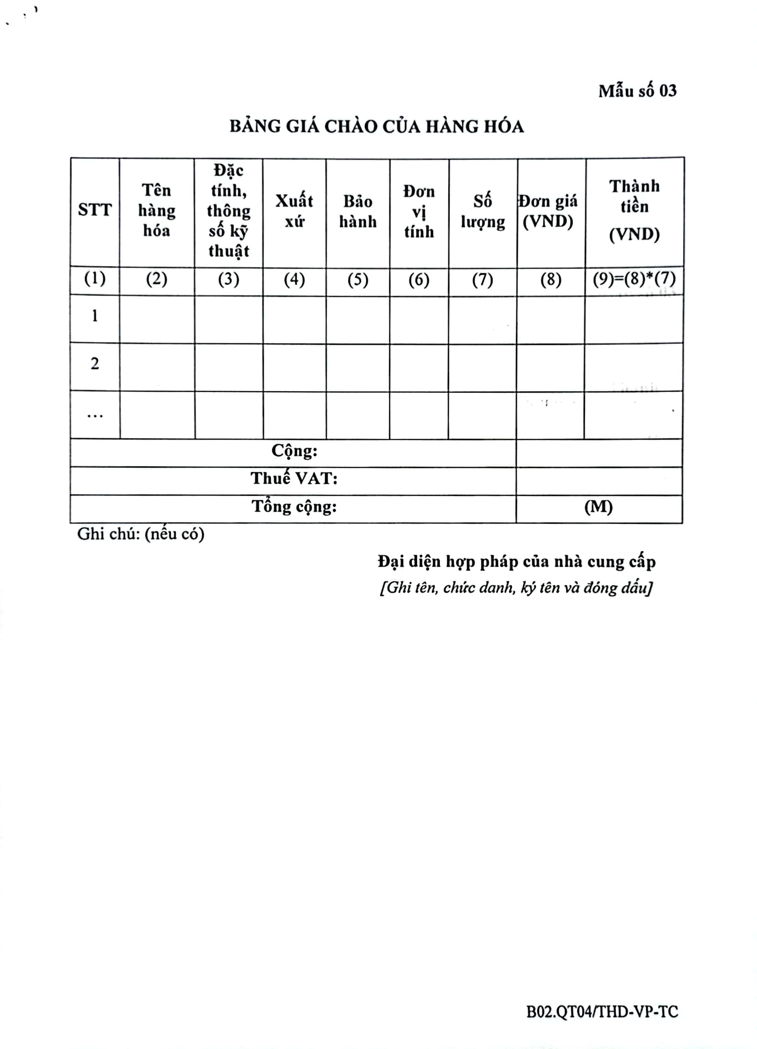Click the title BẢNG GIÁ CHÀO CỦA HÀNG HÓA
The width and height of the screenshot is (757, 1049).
377,126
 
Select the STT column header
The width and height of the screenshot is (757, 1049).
95,210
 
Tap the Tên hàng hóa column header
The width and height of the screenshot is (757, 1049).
156,210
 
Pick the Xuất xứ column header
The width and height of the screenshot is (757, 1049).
294,211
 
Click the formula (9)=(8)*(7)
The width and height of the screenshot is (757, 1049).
634,279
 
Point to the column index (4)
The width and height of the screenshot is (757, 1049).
294,279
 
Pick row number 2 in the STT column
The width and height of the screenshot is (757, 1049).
95,364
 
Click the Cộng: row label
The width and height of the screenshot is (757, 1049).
294,450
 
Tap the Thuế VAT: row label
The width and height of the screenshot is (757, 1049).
294,478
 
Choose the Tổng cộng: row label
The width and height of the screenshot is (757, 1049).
294,506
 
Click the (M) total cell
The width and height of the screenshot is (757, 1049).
598,507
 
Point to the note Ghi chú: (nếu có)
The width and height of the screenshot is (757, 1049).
141,534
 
